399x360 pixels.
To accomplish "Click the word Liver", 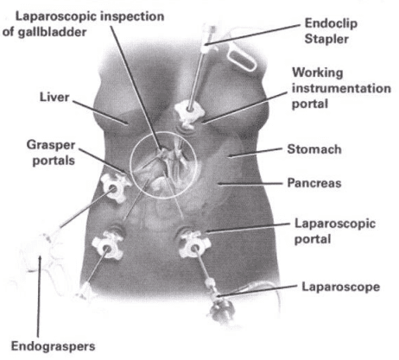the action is point(54,97).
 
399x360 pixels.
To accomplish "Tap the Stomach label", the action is point(314,149).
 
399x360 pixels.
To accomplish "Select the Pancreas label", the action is point(314,183).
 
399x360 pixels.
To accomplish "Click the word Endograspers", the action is point(54,346).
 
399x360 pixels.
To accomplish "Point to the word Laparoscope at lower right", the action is point(341,287).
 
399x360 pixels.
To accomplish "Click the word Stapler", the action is point(326,39).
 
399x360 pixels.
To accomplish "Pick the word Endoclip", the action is point(331,23).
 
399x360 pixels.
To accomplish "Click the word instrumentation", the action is point(341,88).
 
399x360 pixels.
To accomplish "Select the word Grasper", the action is point(51,145).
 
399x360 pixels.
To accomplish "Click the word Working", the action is point(318,73).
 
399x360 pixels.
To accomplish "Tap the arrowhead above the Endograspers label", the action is point(40,259).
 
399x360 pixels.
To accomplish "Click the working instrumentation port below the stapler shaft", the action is point(188,114).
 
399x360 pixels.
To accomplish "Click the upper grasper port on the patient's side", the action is point(114,187).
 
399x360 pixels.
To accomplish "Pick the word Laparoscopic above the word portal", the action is point(335,224).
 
